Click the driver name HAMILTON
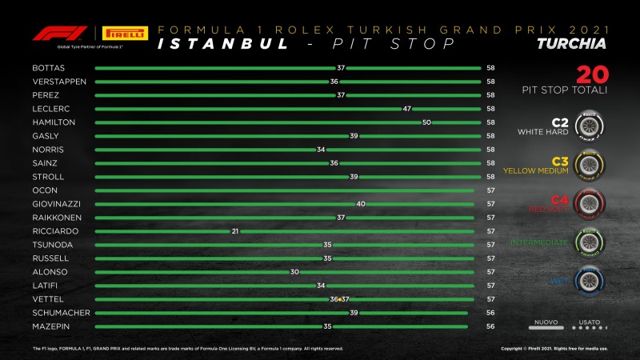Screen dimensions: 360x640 pyautogui.click(x=54, y=122)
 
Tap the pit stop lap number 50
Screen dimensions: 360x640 pyautogui.click(x=426, y=122)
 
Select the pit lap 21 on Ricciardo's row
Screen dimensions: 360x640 pyautogui.click(x=235, y=231)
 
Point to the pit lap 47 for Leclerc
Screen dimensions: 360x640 pyautogui.click(x=406, y=109)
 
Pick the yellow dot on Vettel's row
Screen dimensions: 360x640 pyautogui.click(x=340, y=299)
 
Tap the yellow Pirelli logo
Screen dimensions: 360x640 pyautogui.click(x=126, y=34)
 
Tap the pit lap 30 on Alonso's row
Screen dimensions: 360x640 pyautogui.click(x=294, y=272)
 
